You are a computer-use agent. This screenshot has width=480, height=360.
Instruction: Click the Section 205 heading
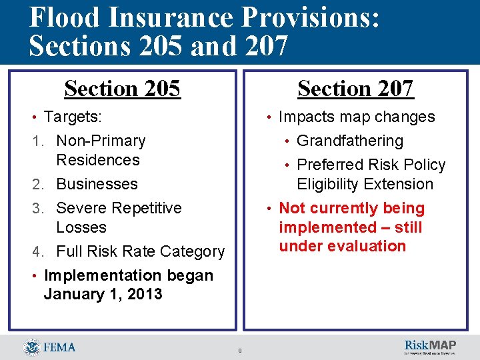pyautogui.click(x=122, y=89)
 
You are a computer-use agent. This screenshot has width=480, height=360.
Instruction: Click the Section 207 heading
pyautogui.click(x=355, y=89)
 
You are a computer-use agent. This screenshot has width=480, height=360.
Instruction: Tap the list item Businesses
pyautogui.click(x=97, y=184)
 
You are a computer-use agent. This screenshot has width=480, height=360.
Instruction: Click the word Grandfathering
pyautogui.click(x=349, y=141)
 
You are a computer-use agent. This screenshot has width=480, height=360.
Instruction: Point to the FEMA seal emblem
pyautogui.click(x=31, y=347)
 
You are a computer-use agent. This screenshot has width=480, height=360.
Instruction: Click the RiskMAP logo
pyautogui.click(x=430, y=346)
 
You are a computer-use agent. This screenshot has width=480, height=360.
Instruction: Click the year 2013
pyautogui.click(x=143, y=294)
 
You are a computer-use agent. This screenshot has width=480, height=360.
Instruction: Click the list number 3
pyautogui.click(x=38, y=208)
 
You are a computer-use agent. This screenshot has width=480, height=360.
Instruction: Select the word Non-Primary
pyautogui.click(x=101, y=141)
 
